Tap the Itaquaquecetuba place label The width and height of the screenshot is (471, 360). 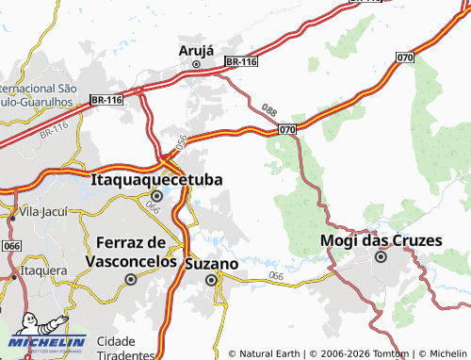156,177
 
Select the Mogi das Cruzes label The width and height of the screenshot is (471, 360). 381,240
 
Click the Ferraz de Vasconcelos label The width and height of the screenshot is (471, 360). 131,252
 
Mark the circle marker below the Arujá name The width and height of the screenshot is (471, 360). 196,64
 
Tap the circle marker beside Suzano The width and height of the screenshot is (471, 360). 212,279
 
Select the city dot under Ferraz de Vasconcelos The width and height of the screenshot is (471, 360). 131,279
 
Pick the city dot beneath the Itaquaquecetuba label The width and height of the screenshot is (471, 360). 156,196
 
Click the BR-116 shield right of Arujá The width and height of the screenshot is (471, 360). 242,62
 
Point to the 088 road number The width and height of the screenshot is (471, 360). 270,111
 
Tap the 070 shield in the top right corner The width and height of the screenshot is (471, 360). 405,57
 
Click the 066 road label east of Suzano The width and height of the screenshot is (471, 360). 276,275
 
